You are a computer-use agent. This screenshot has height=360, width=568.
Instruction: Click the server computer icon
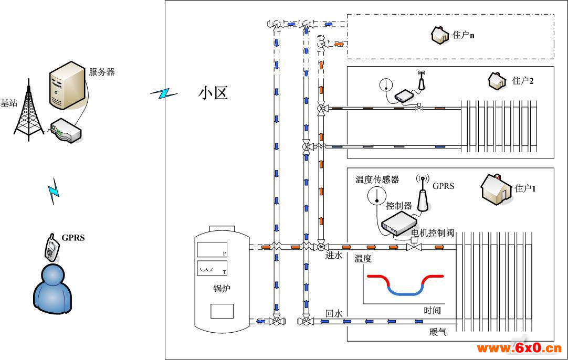68,85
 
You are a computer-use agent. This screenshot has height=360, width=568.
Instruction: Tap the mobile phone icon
52,247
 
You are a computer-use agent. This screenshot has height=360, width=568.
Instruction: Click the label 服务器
102,72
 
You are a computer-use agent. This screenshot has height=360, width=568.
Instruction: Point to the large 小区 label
213,93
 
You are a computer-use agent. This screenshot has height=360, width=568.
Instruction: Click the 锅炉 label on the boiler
222,289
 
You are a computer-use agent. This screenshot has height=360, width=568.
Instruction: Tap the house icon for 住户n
440,35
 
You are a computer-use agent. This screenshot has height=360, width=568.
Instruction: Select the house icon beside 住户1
497,189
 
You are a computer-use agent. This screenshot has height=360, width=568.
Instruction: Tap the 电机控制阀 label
433,232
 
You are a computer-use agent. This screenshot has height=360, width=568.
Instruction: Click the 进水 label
334,256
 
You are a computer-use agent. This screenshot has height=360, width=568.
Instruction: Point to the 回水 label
334,313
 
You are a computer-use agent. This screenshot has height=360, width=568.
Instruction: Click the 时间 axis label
432,310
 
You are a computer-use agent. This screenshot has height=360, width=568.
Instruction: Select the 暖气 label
438,332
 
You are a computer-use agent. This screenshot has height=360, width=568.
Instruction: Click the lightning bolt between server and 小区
164,94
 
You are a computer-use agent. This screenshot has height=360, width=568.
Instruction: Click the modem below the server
66,130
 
